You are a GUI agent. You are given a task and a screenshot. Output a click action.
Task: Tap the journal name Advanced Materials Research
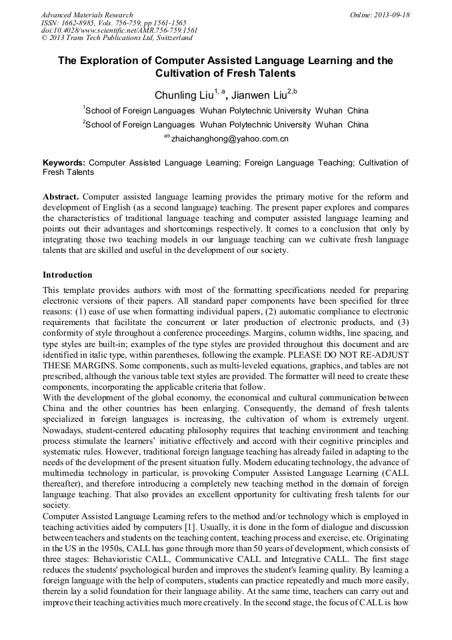[x=87, y=15]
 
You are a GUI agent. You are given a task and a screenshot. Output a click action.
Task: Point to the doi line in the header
[x=119, y=31]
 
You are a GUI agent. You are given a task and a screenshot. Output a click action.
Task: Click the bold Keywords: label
[x=64, y=162]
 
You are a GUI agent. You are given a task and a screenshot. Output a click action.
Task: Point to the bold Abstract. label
[x=61, y=197]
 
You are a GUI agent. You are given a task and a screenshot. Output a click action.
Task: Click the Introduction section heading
[x=67, y=274]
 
